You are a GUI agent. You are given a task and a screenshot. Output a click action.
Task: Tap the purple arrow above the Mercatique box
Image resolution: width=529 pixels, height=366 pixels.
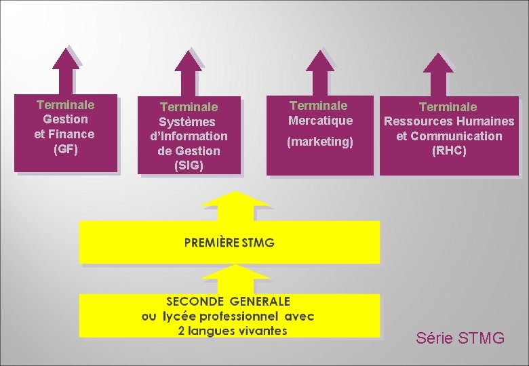pos(319,70)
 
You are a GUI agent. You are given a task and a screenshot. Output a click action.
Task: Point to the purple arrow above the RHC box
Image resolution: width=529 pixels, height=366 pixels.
pos(437,73)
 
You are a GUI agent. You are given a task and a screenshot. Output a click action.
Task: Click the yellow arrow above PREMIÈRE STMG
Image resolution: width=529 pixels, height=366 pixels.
pos(236,204)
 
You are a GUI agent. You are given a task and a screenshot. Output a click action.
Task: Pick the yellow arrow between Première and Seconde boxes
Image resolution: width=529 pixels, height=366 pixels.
pos(236,278)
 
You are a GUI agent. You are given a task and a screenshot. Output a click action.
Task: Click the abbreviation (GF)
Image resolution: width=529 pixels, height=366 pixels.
pos(65,148)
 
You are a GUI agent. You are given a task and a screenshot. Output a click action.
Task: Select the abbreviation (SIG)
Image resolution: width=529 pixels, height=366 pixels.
pos(189,165)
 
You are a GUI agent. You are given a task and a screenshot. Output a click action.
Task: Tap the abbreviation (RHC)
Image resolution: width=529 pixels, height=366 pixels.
pos(449,150)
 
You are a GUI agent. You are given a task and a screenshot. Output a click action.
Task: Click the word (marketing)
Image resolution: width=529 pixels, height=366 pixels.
pos(320,142)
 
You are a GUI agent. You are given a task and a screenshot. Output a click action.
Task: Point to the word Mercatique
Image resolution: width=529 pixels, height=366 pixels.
pos(320,121)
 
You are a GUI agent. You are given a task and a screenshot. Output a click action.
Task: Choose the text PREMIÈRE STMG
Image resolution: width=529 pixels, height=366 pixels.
pos(230,242)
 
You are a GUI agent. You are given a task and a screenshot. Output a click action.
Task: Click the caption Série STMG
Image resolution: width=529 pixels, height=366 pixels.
pos(460,338)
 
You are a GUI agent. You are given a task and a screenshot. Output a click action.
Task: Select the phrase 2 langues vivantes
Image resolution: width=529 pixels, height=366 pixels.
pos(232,331)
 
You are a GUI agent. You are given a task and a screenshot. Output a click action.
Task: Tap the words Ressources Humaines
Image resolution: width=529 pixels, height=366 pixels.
pos(449,121)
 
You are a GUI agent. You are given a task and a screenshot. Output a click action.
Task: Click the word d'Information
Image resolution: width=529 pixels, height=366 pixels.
pos(189,136)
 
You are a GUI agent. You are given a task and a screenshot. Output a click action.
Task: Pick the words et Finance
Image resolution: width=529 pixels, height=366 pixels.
pos(64,134)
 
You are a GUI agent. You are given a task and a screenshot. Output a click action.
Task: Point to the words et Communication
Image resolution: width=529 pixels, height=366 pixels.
pos(449,136)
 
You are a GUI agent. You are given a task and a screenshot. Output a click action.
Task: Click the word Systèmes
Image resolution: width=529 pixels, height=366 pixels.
pos(187,122)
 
